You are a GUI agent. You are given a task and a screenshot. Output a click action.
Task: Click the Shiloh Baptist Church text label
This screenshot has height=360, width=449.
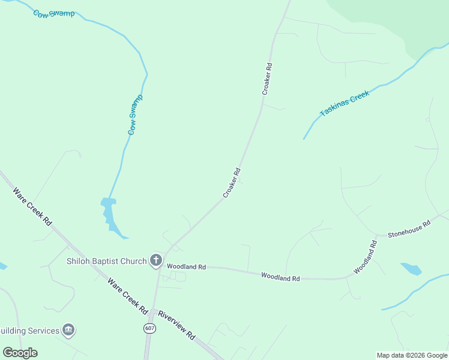106,261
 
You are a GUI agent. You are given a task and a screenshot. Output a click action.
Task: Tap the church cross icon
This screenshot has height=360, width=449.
156,260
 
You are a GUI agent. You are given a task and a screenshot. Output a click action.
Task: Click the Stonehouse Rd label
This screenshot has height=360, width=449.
409,229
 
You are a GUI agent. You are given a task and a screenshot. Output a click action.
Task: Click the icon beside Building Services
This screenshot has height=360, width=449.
68,330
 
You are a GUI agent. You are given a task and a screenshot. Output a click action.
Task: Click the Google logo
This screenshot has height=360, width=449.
20,352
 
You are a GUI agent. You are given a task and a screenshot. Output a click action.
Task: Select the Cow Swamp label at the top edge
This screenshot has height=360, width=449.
54,13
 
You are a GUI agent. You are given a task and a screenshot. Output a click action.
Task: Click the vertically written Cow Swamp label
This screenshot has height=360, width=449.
135,114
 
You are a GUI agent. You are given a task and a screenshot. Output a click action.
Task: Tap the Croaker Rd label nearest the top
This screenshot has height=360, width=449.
267,79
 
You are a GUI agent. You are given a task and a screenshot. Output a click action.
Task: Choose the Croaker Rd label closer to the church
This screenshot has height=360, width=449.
232,182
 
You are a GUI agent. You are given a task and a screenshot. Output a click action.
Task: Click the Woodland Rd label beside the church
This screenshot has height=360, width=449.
186,266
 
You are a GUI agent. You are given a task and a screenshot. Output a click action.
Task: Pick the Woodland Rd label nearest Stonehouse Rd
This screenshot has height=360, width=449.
365,257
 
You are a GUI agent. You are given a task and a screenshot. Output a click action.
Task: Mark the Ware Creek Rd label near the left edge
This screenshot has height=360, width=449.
32,206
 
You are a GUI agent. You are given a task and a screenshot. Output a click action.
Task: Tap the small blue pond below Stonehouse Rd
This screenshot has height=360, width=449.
411,269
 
